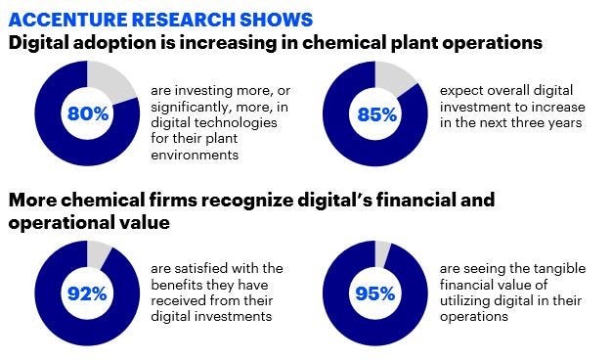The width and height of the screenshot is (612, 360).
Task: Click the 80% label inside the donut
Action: (x=88, y=113)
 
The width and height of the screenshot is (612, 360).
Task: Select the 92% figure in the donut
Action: (x=88, y=292)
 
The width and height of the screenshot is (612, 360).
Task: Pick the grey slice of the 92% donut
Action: (x=100, y=253)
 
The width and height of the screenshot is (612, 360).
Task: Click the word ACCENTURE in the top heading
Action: (x=62, y=19)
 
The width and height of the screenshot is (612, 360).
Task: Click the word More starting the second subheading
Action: (x=34, y=202)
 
